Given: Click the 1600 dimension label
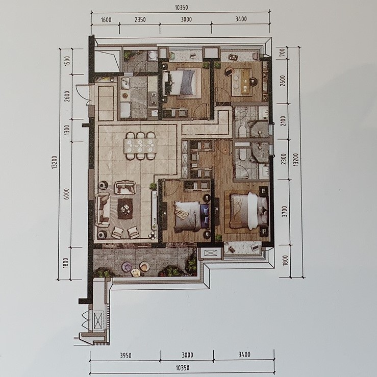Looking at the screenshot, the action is (x=106, y=19).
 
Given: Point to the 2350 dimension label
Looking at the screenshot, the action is (x=140, y=19).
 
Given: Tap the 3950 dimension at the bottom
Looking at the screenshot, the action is (x=125, y=356).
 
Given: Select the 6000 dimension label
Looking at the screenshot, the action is (x=67, y=193).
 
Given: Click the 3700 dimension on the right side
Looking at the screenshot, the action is (x=285, y=211).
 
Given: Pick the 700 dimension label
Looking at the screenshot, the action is (x=283, y=52).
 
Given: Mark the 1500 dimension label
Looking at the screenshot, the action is (x=67, y=61).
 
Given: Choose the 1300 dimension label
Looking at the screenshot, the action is (x=67, y=130).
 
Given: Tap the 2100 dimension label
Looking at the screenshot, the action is (x=283, y=121).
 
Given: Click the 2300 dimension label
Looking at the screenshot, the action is (x=284, y=159).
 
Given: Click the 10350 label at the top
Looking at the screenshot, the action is (x=181, y=8).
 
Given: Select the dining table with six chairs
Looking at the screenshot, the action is (x=141, y=146).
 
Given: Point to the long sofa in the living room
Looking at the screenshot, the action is (x=103, y=210).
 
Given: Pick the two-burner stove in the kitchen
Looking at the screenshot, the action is (x=153, y=99).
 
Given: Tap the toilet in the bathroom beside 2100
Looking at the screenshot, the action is (x=242, y=131).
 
